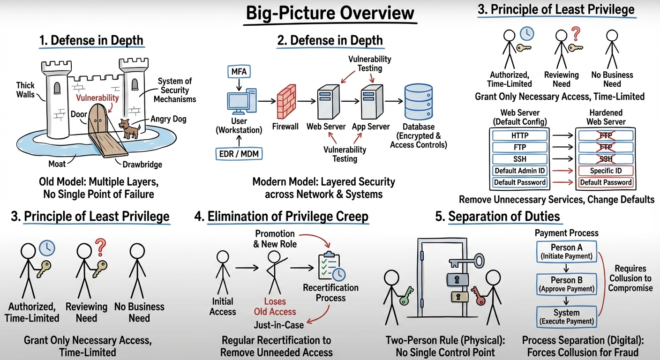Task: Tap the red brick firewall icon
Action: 286,101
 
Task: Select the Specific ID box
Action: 606,171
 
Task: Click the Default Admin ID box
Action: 519,171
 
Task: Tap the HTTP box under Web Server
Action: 519,136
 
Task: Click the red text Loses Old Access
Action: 275,307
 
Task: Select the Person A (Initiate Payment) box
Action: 566,251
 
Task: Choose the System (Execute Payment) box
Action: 566,317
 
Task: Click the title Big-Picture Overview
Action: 330,13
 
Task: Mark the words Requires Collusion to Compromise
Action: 630,278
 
